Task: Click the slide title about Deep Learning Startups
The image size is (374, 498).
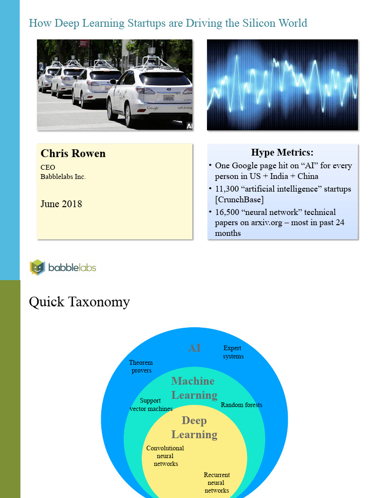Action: click(168, 23)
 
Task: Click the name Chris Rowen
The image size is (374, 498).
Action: click(73, 154)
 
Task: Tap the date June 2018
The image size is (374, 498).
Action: click(61, 204)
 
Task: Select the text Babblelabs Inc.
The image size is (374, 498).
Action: click(63, 177)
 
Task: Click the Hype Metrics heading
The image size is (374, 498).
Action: click(282, 152)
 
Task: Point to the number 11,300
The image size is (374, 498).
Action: click(227, 189)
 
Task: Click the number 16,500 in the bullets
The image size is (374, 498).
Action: click(227, 212)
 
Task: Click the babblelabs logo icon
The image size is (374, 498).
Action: click(37, 267)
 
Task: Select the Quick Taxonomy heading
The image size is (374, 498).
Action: click(79, 302)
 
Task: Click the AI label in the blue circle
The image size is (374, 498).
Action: click(194, 348)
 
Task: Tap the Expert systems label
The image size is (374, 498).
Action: click(233, 352)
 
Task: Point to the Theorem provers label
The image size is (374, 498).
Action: click(141, 366)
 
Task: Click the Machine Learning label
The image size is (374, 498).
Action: click(193, 388)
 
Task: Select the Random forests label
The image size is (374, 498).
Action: click(242, 405)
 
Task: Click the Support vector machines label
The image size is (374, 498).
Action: click(151, 405)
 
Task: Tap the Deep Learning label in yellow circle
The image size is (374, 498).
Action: click(194, 427)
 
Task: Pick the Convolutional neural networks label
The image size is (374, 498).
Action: click(166, 456)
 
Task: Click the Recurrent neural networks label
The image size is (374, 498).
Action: click(217, 482)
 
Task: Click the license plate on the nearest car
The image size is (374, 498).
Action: click(168, 99)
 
